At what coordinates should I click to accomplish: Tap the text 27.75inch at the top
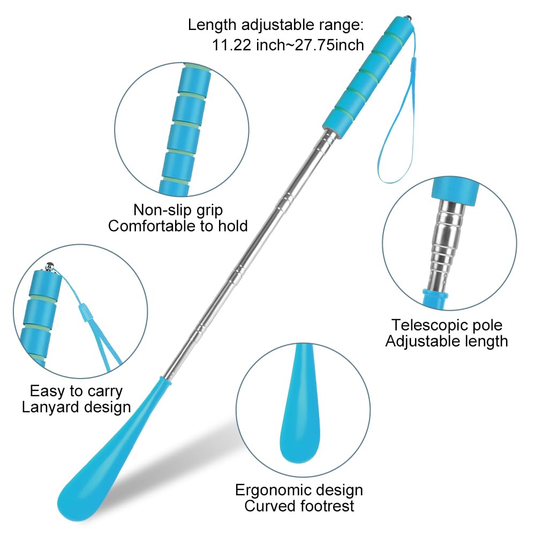(x=329, y=45)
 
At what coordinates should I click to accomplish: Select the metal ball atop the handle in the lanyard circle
(x=50, y=266)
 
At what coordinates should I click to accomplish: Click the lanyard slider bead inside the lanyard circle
(x=84, y=312)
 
